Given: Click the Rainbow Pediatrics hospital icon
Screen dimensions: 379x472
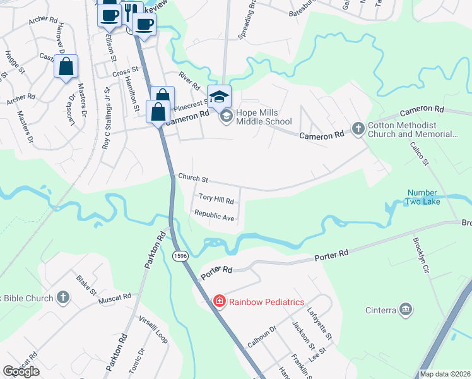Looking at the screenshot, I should (219, 302).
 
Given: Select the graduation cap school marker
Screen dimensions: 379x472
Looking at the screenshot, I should (219, 97).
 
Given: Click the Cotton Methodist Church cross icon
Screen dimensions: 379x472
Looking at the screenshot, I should (358, 129).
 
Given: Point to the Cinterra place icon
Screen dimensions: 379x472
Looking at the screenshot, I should (406, 310).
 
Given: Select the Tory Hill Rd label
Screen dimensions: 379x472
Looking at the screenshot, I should (216, 200).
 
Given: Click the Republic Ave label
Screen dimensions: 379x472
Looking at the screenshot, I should (214, 215).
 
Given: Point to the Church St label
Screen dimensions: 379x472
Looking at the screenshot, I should (192, 178).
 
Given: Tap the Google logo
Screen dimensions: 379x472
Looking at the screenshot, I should (21, 371).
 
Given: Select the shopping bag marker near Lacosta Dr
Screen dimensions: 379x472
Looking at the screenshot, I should (66, 66).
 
